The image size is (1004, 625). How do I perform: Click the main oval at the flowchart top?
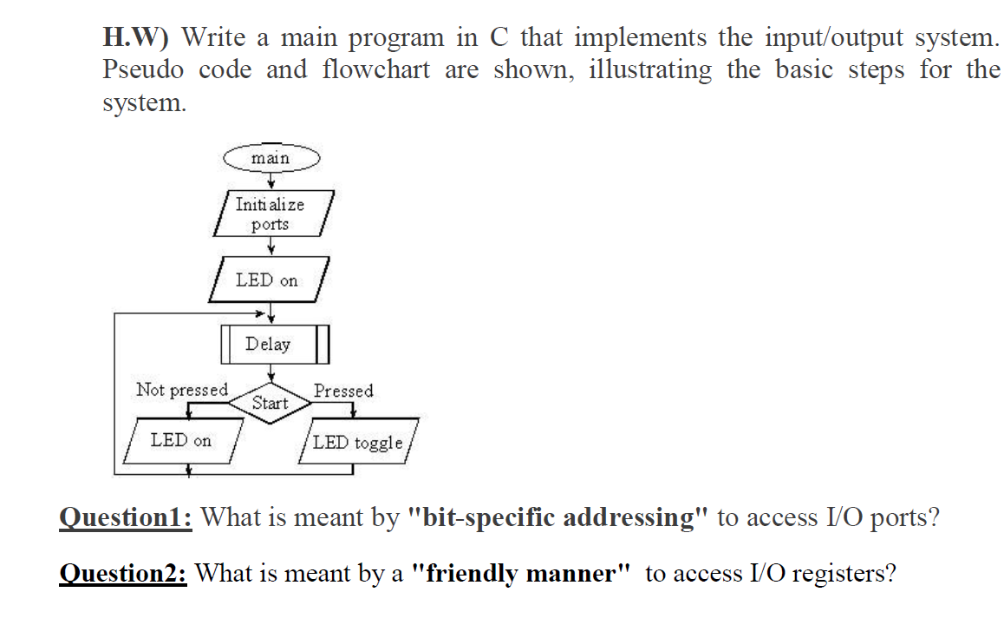271,158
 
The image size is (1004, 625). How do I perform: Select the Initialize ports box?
271,214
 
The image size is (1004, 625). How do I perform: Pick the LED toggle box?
358,443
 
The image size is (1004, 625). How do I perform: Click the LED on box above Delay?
267,280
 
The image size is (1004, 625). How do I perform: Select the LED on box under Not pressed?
181,440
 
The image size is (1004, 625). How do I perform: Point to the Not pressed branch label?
182,390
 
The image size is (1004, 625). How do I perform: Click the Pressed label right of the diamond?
343,391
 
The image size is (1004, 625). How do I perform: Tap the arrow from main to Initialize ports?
271,181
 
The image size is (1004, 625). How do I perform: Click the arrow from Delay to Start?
271,372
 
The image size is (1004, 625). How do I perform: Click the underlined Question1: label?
126,518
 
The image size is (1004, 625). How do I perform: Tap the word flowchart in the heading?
375,69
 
